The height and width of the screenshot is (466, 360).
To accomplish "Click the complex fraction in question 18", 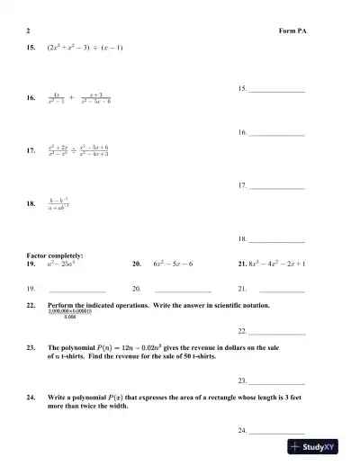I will coord(60,203).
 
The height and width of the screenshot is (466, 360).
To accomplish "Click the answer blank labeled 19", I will coord(77,291).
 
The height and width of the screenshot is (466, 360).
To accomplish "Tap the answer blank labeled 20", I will coord(183,291).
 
